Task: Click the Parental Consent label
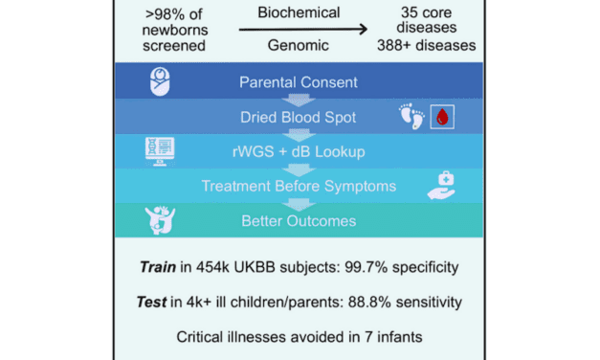point(299,83)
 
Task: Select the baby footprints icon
point(411,118)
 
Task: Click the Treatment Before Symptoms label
point(299,188)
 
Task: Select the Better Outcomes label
point(299,222)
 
